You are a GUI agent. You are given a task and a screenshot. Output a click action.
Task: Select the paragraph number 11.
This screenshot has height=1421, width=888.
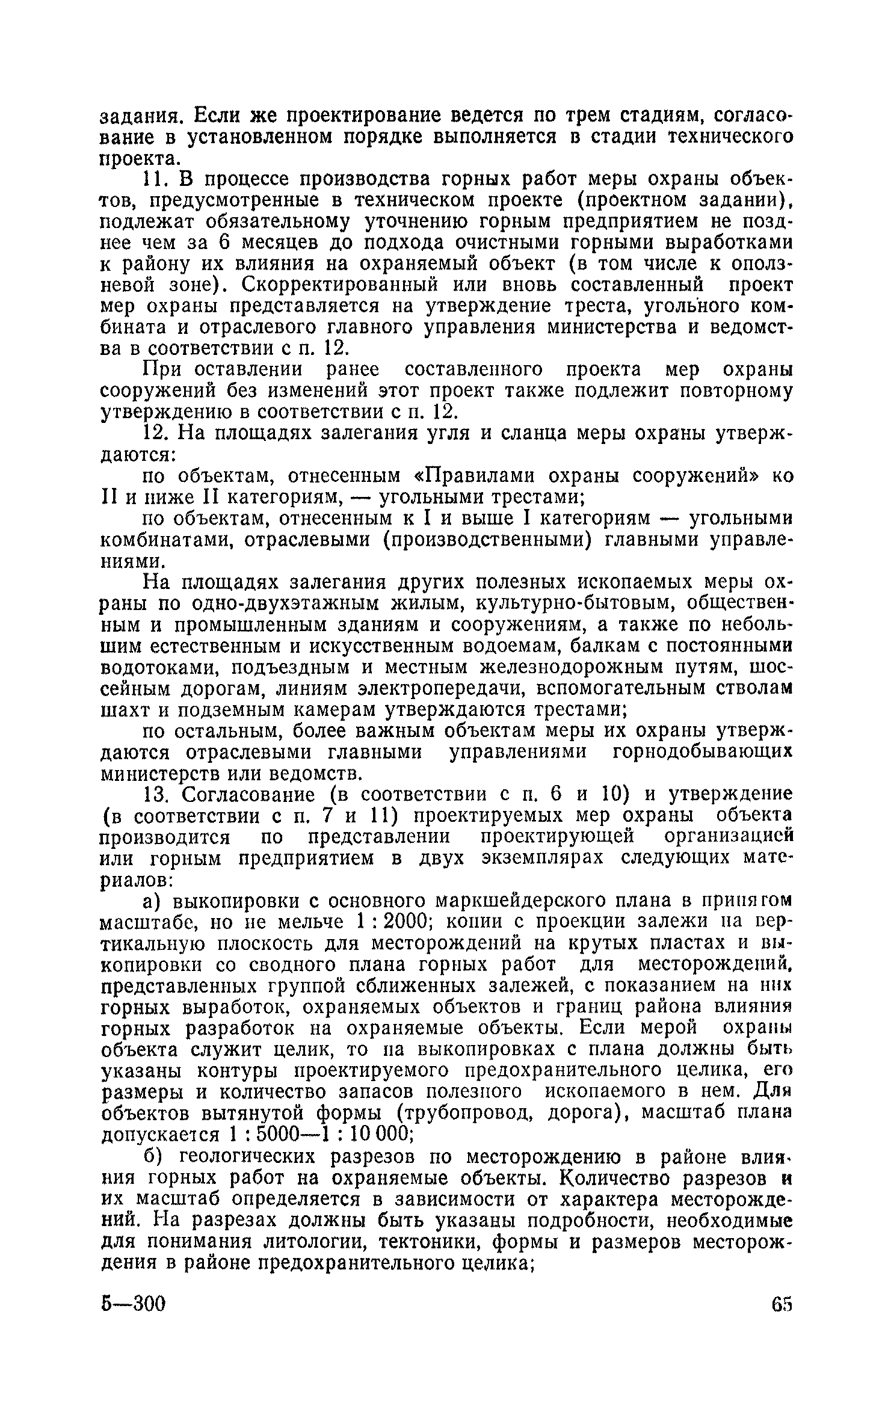pyautogui.click(x=154, y=179)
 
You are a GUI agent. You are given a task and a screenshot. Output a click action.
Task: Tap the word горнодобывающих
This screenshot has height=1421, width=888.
pyautogui.click(x=701, y=753)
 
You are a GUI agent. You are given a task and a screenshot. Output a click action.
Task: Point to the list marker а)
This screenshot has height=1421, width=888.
pyautogui.click(x=151, y=901)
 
